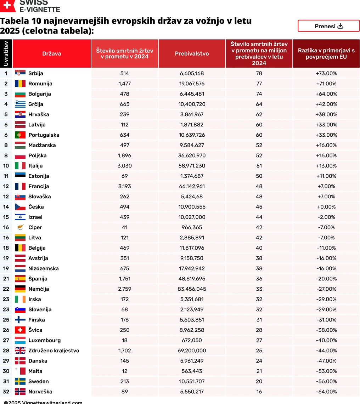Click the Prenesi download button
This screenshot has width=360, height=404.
click(328, 26)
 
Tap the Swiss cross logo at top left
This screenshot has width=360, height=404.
click(7, 5)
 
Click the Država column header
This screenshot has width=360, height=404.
click(52, 53)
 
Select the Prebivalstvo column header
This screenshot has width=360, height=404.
click(192, 53)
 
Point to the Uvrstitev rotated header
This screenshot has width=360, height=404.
click(6, 53)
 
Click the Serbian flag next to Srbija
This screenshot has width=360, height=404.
click(20, 73)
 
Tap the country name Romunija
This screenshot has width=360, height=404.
click(40, 84)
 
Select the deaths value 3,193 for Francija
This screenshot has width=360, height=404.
click(124, 186)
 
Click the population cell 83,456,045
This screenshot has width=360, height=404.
click(192, 289)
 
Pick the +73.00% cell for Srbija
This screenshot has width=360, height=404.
click(326, 73)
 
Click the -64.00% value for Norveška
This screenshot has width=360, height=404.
click(326, 392)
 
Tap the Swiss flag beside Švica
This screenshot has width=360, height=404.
click(20, 330)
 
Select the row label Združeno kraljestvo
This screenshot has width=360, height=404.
click(54, 351)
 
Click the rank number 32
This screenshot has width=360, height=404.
click(6, 392)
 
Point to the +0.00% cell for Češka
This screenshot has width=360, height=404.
click(326, 207)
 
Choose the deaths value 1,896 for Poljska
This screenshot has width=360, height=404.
click(124, 155)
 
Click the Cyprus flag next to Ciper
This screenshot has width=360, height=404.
click(20, 227)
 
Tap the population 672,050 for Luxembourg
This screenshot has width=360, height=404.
click(192, 340)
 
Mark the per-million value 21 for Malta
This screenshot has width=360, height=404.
click(259, 371)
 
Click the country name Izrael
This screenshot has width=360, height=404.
click(35, 217)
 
